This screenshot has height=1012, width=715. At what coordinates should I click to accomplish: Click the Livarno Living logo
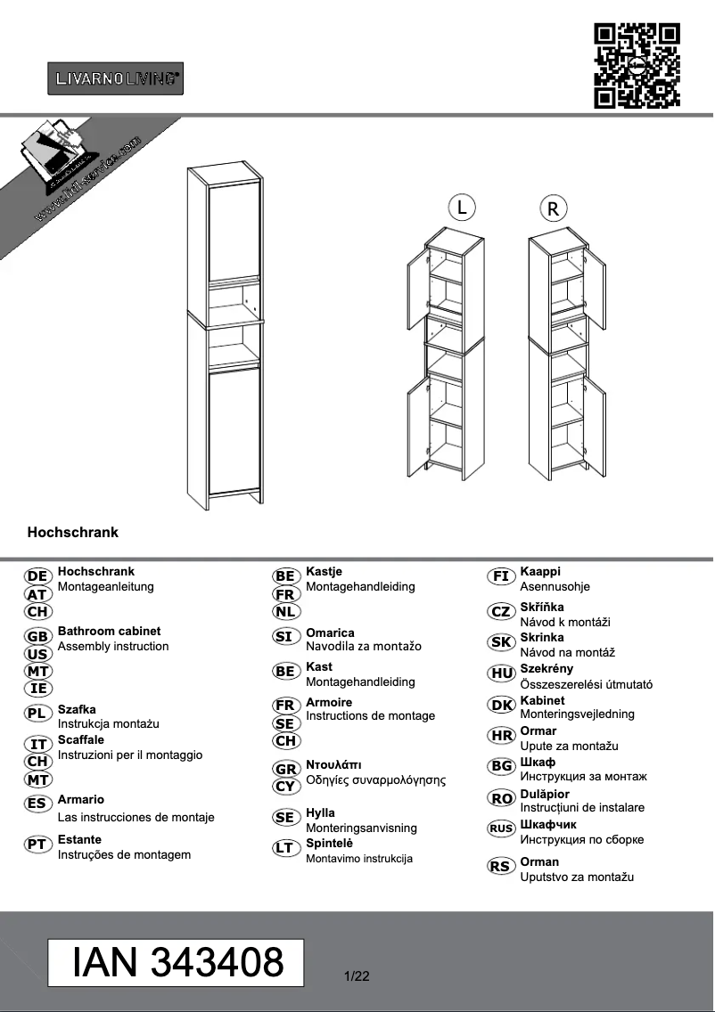[x=115, y=78]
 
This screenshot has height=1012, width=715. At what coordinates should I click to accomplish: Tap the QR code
[x=637, y=66]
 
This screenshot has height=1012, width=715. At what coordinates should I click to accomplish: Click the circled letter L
[x=461, y=208]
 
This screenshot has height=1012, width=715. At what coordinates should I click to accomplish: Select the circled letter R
[x=553, y=209]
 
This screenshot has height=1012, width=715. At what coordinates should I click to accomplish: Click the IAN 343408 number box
[x=177, y=962]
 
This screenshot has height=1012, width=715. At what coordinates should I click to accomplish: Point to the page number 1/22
[x=356, y=976]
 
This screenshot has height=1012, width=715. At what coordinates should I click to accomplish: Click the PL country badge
[x=37, y=713]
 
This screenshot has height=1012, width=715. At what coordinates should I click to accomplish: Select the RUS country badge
[x=501, y=828]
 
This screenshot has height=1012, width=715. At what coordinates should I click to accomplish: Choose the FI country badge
[x=501, y=576]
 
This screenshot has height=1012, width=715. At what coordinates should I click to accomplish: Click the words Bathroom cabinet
[x=109, y=631]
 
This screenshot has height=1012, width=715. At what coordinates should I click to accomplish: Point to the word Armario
[x=80, y=800]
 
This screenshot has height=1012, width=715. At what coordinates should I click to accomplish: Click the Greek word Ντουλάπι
[x=333, y=764]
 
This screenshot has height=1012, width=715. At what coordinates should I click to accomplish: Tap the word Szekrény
[x=547, y=668]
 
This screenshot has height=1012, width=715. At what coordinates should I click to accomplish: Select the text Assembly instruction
[x=113, y=646]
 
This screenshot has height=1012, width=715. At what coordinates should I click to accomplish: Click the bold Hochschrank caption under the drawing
[x=73, y=533]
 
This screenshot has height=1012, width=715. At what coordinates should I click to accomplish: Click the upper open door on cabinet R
[x=596, y=284]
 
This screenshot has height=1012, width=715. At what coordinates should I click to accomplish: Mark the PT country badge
[x=37, y=844]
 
